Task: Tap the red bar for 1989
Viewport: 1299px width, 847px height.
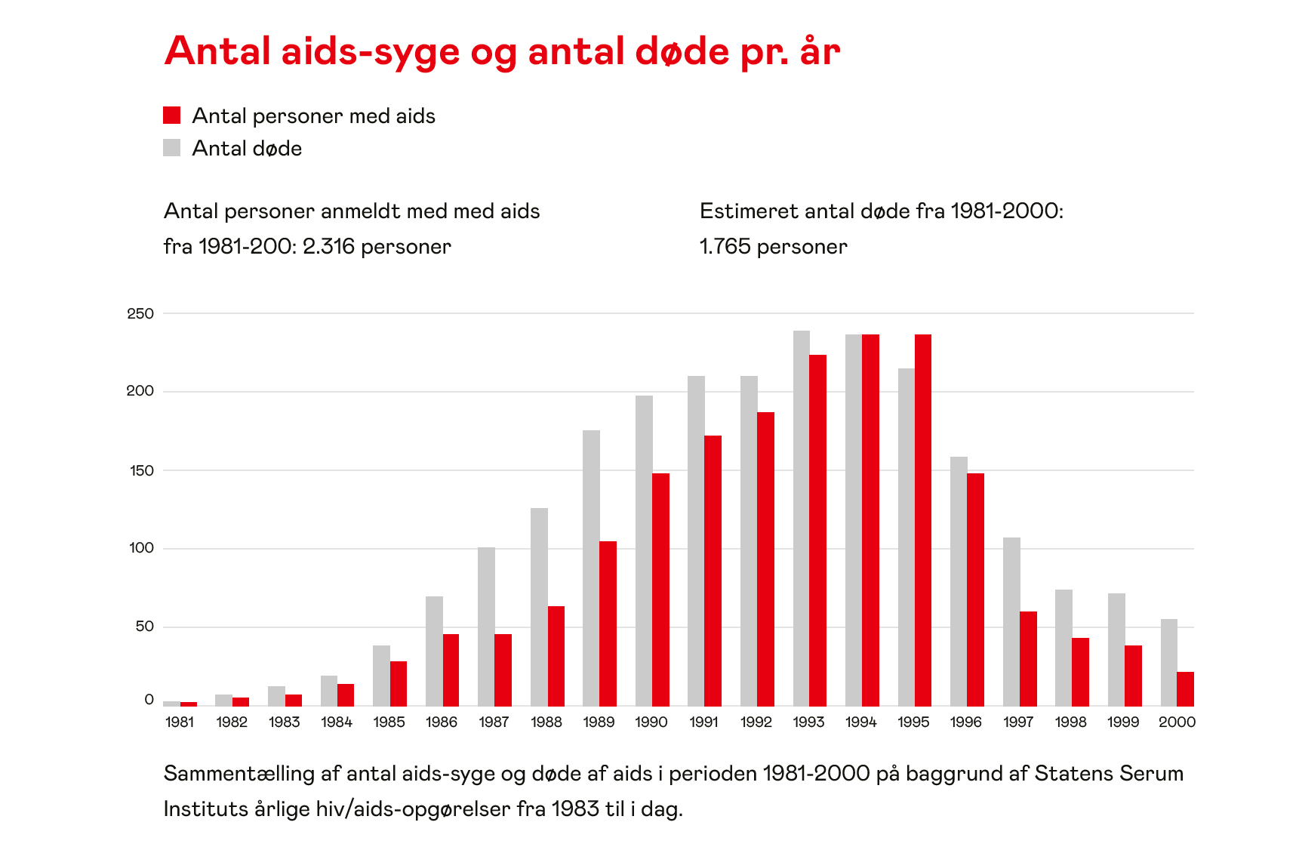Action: (x=608, y=623)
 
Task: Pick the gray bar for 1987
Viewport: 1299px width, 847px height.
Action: (x=486, y=626)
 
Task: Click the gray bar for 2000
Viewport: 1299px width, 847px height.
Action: (x=1168, y=662)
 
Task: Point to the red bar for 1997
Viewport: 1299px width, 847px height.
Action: (x=1028, y=658)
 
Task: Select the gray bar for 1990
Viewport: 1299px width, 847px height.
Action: (x=644, y=550)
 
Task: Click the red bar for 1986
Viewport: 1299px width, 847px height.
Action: (x=451, y=670)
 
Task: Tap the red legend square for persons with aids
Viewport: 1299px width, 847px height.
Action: (x=172, y=115)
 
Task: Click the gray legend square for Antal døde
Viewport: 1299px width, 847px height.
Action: (x=172, y=148)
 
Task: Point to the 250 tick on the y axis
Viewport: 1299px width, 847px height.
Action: (x=140, y=313)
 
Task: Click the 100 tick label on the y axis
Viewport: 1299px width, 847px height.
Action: (x=141, y=548)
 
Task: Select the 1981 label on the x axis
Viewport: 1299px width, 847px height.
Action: (x=180, y=722)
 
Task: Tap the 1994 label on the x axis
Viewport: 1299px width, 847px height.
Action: (x=861, y=722)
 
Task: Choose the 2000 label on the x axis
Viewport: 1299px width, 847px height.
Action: (x=1177, y=722)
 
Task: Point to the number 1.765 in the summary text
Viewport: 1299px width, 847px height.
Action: (x=724, y=247)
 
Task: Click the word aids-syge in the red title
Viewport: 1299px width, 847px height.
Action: (x=370, y=51)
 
